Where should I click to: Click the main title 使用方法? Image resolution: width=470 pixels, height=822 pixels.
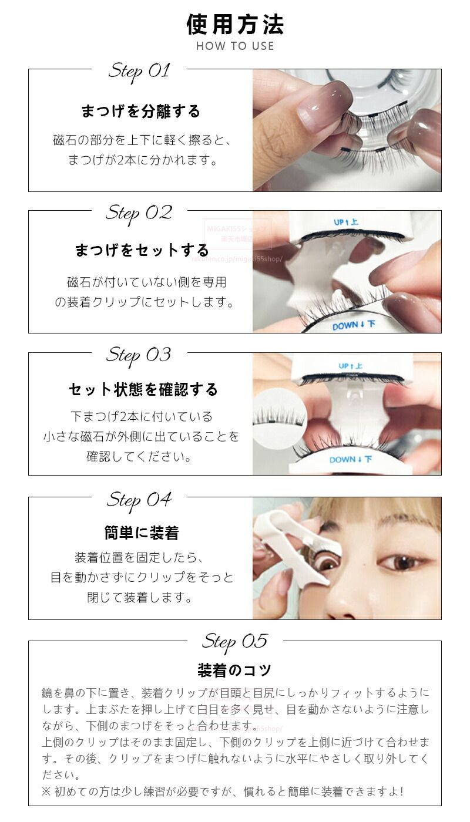click(x=235, y=25)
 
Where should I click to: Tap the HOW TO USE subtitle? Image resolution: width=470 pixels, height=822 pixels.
click(x=235, y=46)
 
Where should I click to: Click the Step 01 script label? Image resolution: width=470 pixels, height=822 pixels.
click(x=139, y=72)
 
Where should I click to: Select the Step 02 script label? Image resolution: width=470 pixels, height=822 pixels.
click(x=139, y=214)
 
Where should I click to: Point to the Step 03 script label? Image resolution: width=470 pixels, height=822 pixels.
click(x=139, y=356)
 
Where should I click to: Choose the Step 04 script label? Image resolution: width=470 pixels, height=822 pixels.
click(x=139, y=500)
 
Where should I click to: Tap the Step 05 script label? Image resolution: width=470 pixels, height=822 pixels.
click(x=235, y=642)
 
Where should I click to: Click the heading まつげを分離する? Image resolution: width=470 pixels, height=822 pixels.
click(x=140, y=111)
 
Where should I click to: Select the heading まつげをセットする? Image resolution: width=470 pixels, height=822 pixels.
click(x=142, y=250)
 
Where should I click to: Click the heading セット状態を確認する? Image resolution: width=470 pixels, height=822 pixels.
click(x=143, y=389)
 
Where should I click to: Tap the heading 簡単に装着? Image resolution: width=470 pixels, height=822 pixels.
click(x=142, y=533)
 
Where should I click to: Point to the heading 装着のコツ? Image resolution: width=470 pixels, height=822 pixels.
click(x=234, y=671)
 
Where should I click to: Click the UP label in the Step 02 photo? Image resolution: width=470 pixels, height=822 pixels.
click(x=346, y=223)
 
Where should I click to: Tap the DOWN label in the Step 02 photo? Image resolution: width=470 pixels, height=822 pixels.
click(x=354, y=325)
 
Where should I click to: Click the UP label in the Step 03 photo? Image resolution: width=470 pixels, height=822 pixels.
click(x=350, y=366)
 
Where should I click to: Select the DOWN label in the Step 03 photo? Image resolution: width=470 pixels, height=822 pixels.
click(x=351, y=459)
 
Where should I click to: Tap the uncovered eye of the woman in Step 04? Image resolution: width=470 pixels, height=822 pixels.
click(x=402, y=561)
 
